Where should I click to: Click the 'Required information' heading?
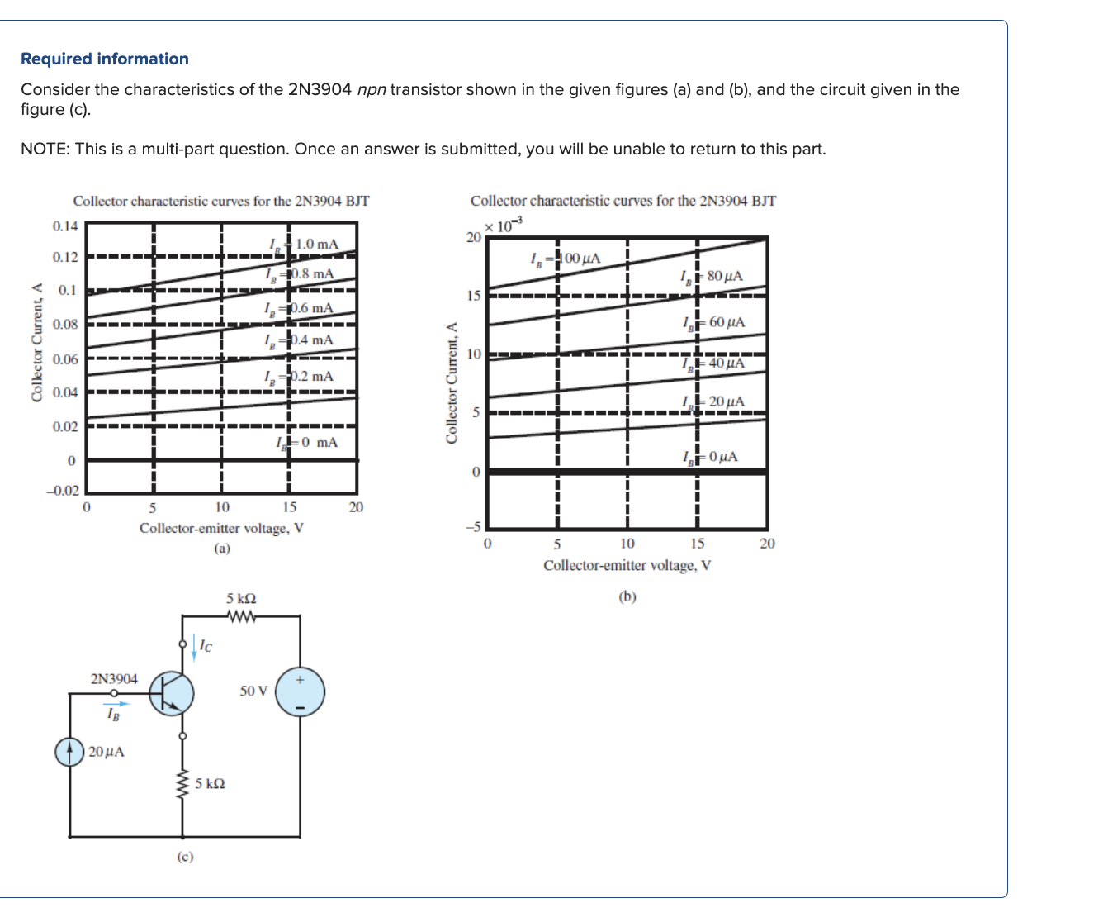(104, 59)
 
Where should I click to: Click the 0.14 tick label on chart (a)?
(65, 226)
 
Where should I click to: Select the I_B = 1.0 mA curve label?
(304, 244)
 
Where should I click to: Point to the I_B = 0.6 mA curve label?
(299, 308)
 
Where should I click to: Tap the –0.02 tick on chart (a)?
(62, 491)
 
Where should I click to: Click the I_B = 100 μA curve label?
(566, 259)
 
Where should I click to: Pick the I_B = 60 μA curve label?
(714, 322)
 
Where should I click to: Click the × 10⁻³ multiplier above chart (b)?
(503, 225)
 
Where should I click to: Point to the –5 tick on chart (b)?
(473, 526)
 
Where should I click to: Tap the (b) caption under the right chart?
(627, 596)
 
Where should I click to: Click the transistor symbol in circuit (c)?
(172, 693)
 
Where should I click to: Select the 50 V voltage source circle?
(300, 692)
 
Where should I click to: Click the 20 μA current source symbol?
(70, 752)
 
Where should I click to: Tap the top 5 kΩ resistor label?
(241, 598)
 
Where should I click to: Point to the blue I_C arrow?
(194, 645)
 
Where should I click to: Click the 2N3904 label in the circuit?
(114, 679)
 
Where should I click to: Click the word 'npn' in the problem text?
(372, 89)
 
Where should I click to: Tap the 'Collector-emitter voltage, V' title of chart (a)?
(221, 528)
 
